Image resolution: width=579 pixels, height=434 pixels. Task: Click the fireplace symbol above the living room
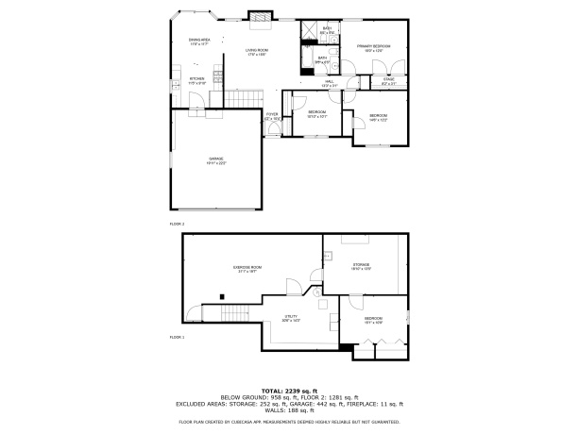tap(259, 15)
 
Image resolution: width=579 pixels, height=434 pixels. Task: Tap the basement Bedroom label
tap(373, 320)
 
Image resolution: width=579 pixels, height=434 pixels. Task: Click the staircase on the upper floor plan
tap(244, 96)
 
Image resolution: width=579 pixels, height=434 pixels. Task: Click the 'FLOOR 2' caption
tap(177, 224)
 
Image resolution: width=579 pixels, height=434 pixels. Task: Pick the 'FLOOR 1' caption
tap(177, 337)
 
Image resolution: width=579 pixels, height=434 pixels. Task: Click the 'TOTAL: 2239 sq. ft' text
tap(289, 390)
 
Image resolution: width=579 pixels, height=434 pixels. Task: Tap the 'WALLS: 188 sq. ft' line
tap(289, 411)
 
